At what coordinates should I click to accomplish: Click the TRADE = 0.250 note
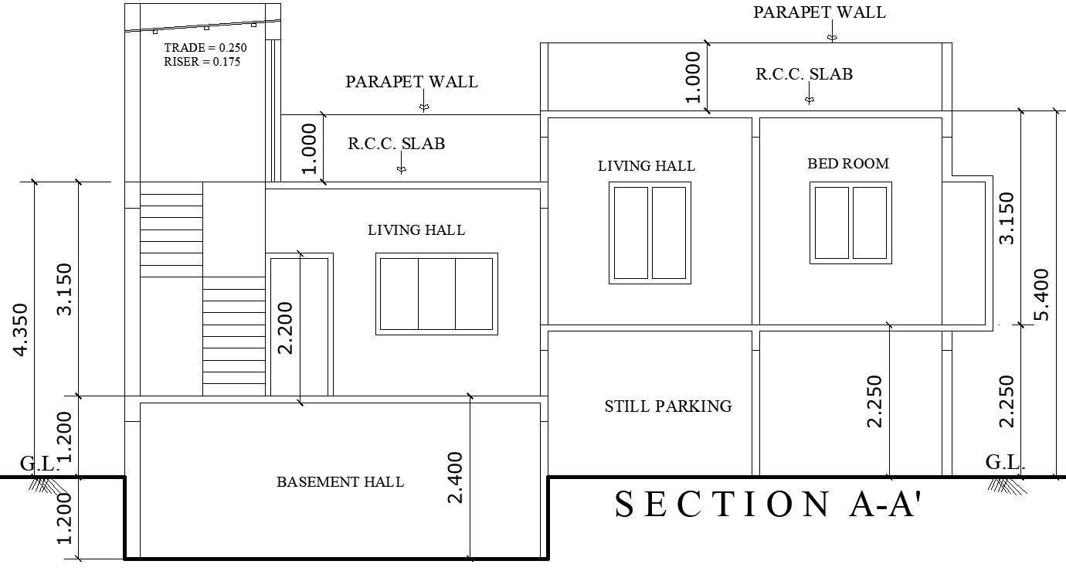[x=205, y=48]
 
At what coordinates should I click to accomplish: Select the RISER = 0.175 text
[x=202, y=62]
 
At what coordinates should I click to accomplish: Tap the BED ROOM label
[x=848, y=164]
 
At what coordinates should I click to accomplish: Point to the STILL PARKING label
[x=667, y=406]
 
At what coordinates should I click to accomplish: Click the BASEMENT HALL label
[x=340, y=482]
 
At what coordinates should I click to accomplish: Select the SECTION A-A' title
[x=769, y=505]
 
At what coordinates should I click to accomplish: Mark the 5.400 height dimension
[x=1042, y=294]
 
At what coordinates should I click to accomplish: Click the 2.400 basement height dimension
[x=456, y=477]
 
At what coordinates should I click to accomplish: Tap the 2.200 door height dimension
[x=286, y=328]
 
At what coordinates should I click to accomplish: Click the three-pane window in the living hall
[x=436, y=294]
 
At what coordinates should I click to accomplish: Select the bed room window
[x=850, y=223]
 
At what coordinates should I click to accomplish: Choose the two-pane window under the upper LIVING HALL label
[x=650, y=233]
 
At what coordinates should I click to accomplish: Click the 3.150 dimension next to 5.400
[x=1007, y=218]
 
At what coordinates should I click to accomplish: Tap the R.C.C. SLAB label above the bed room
[x=804, y=74]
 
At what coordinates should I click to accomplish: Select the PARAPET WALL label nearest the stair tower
[x=411, y=82]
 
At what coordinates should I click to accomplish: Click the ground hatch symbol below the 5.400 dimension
[x=1003, y=484]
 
